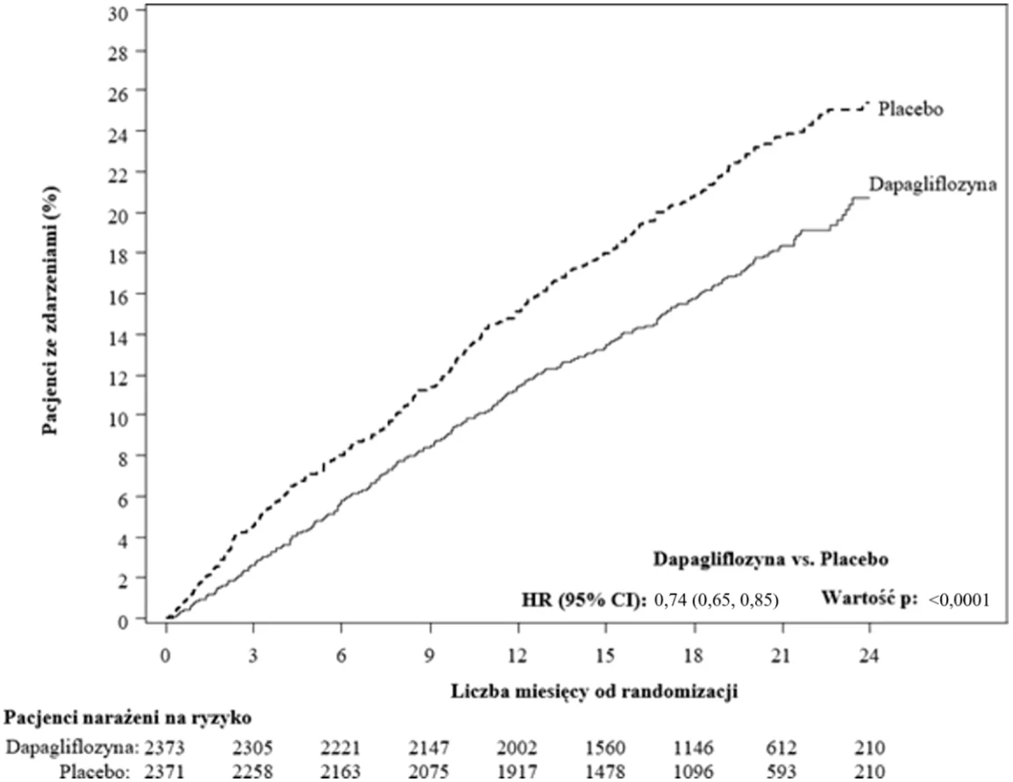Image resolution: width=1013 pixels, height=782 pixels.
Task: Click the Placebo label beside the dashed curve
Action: [x=910, y=109]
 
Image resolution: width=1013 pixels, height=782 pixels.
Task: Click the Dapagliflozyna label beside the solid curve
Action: [x=932, y=185]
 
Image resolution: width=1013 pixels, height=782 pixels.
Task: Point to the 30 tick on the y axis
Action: [x=118, y=12]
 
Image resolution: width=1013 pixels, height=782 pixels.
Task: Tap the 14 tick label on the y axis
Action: [x=118, y=335]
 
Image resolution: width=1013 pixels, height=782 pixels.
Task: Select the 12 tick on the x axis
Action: [x=517, y=656]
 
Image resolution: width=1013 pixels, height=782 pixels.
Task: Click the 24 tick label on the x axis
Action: [x=869, y=656]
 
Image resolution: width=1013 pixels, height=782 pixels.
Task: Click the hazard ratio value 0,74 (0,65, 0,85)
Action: [x=717, y=601]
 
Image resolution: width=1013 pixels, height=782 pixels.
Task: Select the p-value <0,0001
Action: [x=959, y=601]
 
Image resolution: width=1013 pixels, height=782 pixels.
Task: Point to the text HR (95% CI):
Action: [x=584, y=601]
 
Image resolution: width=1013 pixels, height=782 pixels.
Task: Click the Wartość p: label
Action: [x=869, y=599]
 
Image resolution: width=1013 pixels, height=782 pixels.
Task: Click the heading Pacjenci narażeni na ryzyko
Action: [x=128, y=718]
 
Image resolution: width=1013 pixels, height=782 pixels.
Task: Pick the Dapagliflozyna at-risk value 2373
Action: [x=164, y=749]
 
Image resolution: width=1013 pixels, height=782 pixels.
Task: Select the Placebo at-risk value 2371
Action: [x=164, y=771]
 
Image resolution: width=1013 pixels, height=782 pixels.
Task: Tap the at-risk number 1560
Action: [x=605, y=749]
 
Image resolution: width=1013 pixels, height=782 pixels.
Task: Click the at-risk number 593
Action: [x=781, y=771]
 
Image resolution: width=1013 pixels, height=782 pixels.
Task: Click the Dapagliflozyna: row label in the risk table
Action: [x=72, y=749]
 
